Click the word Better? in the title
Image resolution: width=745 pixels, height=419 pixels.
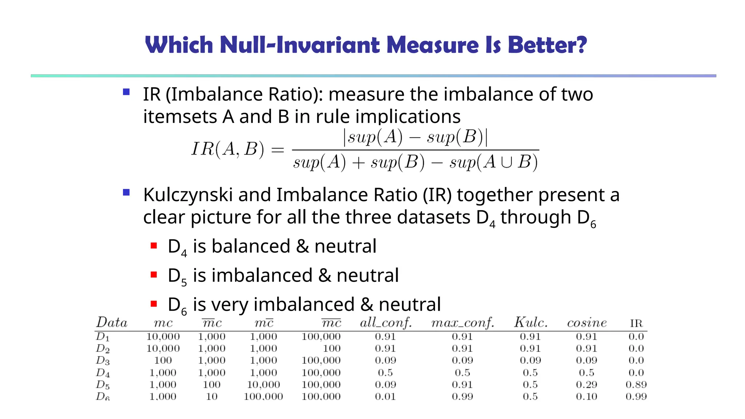pos(547,45)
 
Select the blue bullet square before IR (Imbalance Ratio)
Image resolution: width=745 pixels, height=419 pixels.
pos(126,92)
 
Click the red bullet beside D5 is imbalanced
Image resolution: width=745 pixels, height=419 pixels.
pos(154,275)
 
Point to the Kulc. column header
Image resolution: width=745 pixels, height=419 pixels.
pos(530,323)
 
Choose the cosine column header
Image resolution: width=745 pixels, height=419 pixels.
pos(587,323)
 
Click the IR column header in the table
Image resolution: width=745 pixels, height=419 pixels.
pos(636,323)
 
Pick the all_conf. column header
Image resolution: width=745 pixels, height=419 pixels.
pos(386,323)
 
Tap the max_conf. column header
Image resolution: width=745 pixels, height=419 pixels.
pos(462,323)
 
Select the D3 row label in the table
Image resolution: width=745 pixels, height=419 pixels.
pos(103,360)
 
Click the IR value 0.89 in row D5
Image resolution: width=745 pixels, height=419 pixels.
pos(636,384)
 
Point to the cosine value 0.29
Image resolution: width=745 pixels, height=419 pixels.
pos(587,384)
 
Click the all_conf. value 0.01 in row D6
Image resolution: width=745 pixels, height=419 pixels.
pos(385,396)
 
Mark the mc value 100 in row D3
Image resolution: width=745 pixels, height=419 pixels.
pos(163,360)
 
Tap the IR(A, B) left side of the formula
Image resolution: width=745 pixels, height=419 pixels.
pos(228,149)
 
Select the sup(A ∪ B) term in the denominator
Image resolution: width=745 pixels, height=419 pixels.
pos(493,162)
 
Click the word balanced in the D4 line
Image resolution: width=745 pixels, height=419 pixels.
pos(251,246)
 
